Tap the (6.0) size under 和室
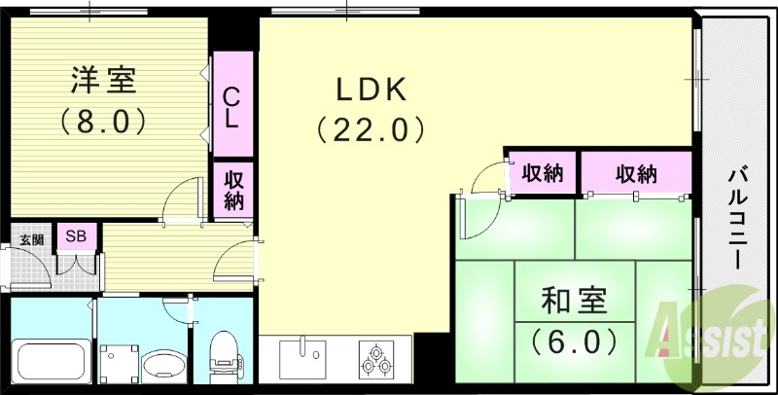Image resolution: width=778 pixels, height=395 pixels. tap(574, 342)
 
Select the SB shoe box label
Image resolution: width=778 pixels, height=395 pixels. tap(73, 236)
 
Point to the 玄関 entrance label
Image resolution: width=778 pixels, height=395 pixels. tap(31, 238)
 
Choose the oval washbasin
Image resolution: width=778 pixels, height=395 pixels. tap(161, 366)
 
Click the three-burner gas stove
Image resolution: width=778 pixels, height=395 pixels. tap(375, 361)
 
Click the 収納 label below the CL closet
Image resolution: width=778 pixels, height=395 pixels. tap(234, 190)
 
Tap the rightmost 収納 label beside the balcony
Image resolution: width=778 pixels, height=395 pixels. tap(636, 174)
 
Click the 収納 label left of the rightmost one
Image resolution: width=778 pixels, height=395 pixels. tap(543, 174)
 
